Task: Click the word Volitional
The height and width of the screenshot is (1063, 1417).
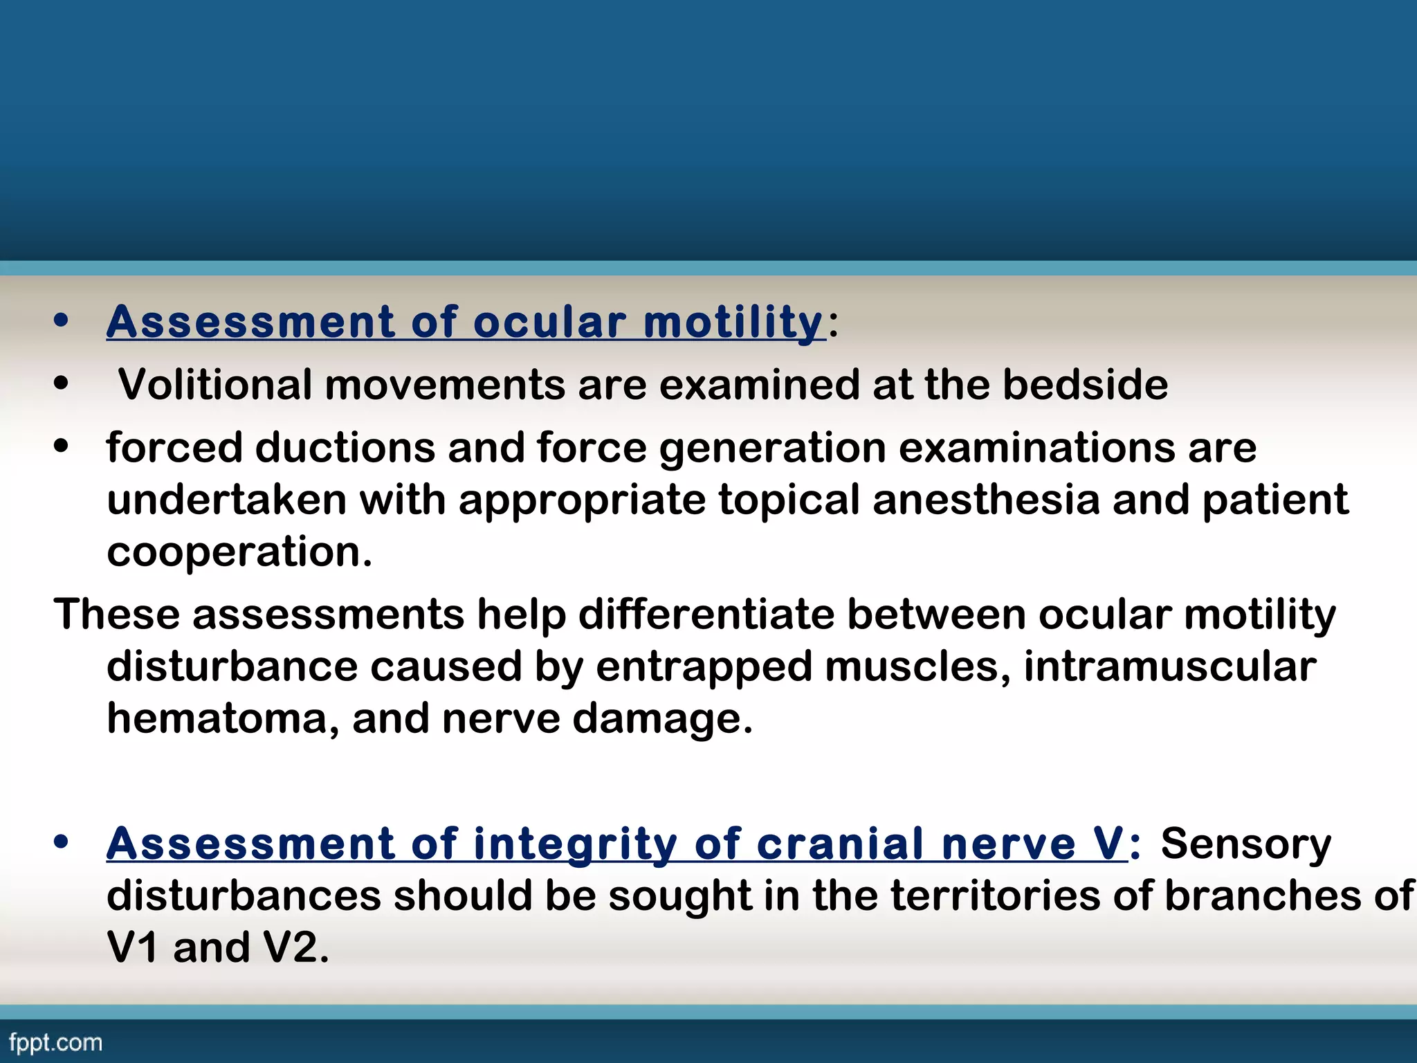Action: pyautogui.click(x=214, y=385)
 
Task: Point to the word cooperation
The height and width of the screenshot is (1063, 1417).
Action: pyautogui.click(x=239, y=552)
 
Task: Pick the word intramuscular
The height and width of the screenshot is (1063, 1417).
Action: pyautogui.click(x=1169, y=666)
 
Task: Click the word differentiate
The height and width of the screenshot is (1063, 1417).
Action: pyautogui.click(x=706, y=615)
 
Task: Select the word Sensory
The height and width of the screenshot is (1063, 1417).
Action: pyautogui.click(x=1245, y=844)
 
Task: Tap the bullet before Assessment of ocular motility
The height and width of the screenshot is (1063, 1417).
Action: pyautogui.click(x=62, y=320)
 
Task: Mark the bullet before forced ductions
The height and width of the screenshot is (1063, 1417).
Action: pyautogui.click(x=62, y=447)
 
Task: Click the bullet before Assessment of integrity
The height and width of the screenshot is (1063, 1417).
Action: pyautogui.click(x=62, y=843)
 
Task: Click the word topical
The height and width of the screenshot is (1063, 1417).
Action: pyautogui.click(x=789, y=501)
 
